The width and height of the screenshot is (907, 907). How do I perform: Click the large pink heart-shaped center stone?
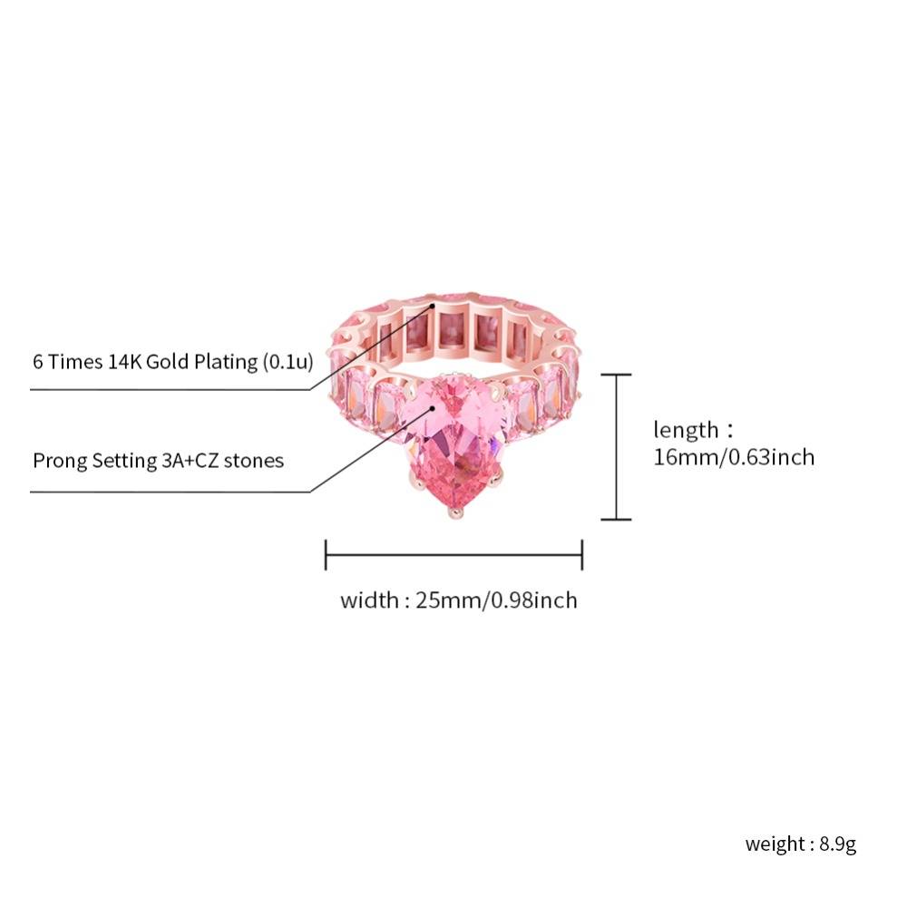click(x=450, y=440)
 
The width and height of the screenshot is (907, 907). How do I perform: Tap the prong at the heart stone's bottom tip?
click(x=454, y=512)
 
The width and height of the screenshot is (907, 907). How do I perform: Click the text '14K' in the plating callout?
click(x=124, y=362)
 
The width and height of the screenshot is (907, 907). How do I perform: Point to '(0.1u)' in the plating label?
click(x=288, y=362)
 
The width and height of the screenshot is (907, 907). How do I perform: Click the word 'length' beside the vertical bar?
click(x=686, y=430)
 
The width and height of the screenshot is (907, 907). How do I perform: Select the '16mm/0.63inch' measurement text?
click(x=734, y=457)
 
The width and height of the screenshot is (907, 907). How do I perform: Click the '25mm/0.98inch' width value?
click(x=496, y=600)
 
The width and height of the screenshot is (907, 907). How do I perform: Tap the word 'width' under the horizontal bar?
click(x=369, y=600)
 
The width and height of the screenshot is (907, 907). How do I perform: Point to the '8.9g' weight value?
click(x=837, y=844)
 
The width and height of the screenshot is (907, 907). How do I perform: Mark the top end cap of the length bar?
click(x=616, y=375)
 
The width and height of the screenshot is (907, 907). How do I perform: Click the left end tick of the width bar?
click(x=326, y=555)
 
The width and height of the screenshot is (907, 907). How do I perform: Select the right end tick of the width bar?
click(x=582, y=555)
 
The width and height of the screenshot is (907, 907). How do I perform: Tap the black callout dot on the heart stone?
click(x=432, y=408)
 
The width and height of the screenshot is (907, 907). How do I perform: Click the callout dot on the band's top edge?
click(x=432, y=305)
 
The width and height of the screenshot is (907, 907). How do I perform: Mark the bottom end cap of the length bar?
click(x=616, y=519)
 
